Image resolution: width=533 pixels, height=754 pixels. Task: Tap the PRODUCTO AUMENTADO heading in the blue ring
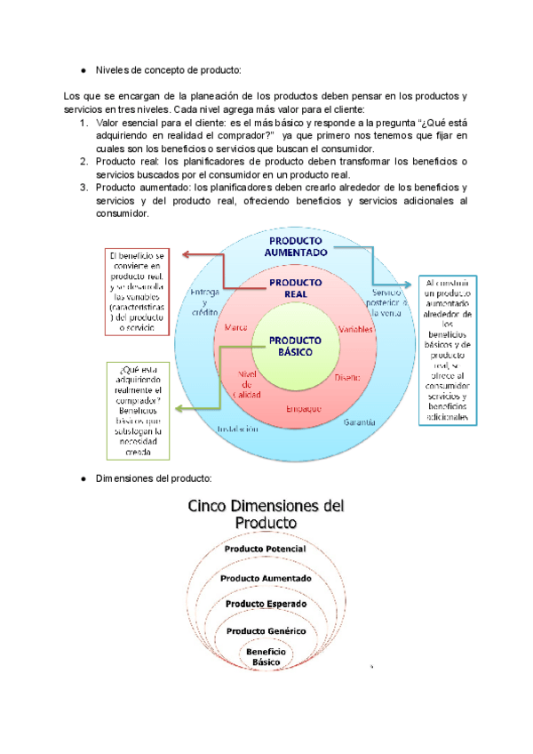tap(297, 246)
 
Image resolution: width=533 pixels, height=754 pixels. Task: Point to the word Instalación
tap(237, 429)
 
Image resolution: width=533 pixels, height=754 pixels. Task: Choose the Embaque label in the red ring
tap(304, 408)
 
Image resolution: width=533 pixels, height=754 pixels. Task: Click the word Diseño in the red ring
tap(347, 378)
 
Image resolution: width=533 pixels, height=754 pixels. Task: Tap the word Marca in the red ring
tap(236, 328)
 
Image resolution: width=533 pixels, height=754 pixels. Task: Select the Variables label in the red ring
tap(355, 329)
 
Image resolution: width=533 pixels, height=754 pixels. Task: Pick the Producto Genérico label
tap(266, 630)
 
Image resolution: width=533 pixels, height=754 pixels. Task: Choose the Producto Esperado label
tap(266, 604)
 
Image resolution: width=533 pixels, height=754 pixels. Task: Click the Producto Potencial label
tap(266, 549)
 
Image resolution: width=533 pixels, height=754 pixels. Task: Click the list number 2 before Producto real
tap(84, 161)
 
